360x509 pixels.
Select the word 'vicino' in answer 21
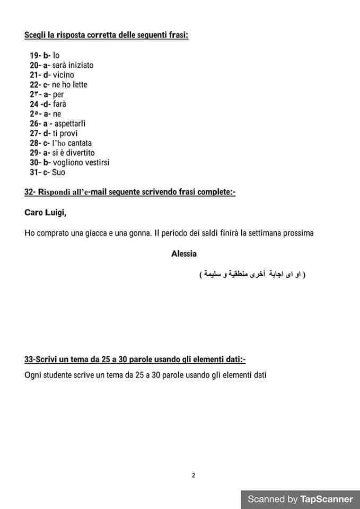click(64, 75)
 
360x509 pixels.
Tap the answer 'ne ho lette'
click(69, 85)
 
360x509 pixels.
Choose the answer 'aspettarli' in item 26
click(70, 124)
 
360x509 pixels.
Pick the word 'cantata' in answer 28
click(79, 143)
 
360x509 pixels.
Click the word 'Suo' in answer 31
click(59, 172)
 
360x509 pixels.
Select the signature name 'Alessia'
click(184, 254)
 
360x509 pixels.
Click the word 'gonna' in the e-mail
click(134, 233)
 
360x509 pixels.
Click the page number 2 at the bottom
click(194, 475)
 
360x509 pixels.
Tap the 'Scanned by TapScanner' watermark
click(300, 499)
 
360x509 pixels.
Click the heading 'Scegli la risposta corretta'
click(106, 36)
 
